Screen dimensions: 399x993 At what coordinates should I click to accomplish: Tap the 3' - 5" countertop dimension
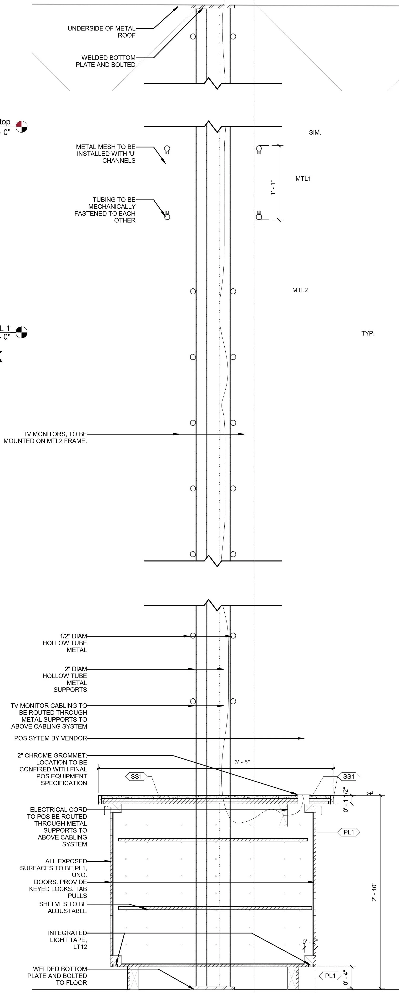(x=242, y=762)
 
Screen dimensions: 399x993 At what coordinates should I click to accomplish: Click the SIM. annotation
(x=315, y=133)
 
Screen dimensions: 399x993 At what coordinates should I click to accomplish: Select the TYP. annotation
(x=368, y=333)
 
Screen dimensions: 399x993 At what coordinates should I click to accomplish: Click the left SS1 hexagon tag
(x=136, y=777)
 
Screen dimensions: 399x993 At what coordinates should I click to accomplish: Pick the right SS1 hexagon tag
(x=348, y=777)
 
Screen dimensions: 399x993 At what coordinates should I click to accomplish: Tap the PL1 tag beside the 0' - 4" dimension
(x=330, y=976)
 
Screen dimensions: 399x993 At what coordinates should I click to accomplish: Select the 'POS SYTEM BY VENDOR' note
(x=51, y=738)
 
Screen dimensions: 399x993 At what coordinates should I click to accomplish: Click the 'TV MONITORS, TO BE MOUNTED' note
(x=45, y=438)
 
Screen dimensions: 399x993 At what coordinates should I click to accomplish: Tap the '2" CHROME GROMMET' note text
(x=52, y=769)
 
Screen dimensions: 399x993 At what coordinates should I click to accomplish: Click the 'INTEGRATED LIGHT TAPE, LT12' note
(x=67, y=940)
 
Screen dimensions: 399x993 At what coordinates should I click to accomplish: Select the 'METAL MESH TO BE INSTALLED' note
(x=106, y=153)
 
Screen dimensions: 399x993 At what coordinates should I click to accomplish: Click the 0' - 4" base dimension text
(x=346, y=977)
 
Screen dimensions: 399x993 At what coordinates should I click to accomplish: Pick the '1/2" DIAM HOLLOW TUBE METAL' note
(x=65, y=643)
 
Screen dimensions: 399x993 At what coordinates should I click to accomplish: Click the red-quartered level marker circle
(x=22, y=126)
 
